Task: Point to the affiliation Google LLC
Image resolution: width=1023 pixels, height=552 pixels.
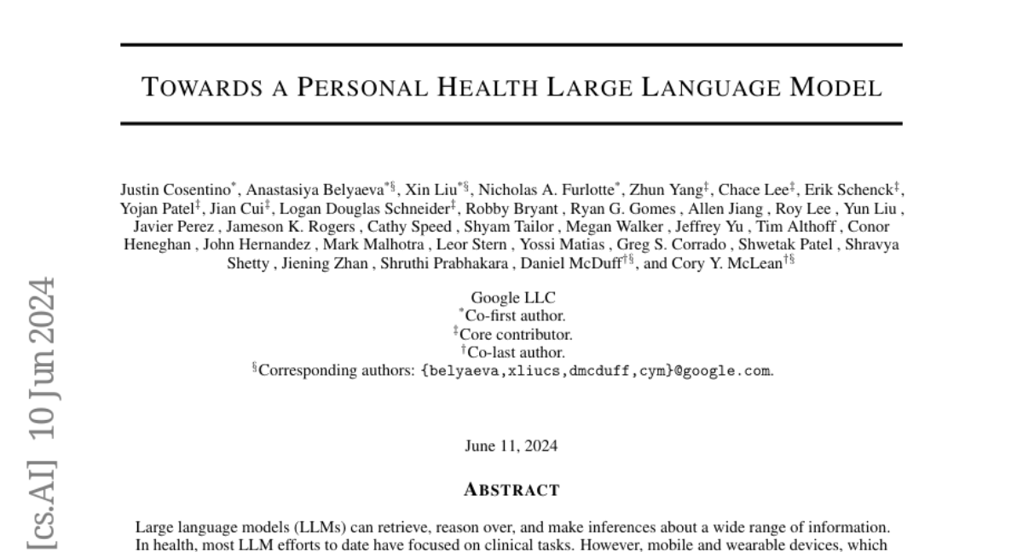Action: click(x=511, y=298)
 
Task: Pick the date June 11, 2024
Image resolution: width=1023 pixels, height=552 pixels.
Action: click(x=511, y=446)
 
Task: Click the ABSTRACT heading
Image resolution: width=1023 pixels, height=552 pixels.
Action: click(x=511, y=490)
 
